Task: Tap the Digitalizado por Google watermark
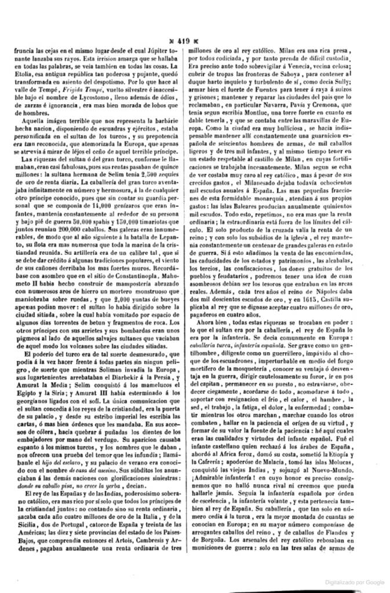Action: pyautogui.click(x=354, y=581)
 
